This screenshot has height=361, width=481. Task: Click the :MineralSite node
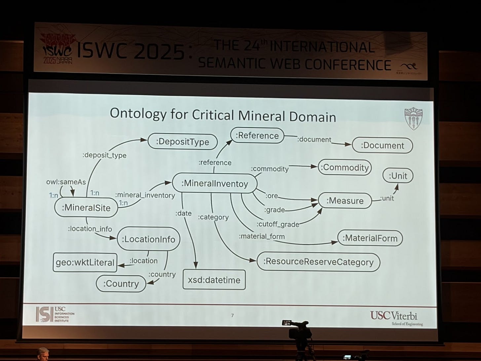(86, 208)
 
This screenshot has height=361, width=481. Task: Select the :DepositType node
(182, 142)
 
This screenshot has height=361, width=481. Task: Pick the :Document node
(382, 145)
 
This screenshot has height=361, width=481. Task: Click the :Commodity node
(345, 167)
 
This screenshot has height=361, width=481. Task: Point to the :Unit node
(398, 176)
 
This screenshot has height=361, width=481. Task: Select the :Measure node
(345, 201)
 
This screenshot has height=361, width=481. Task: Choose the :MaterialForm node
(370, 238)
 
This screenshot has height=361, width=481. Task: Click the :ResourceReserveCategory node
(318, 262)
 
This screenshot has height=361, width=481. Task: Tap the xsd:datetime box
(214, 280)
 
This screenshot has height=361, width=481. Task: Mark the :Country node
(121, 284)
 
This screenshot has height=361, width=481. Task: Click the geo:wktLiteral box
(85, 262)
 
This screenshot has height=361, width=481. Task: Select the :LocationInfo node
(148, 239)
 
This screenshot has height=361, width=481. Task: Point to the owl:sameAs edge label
(66, 182)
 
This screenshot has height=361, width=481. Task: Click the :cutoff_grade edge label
(278, 224)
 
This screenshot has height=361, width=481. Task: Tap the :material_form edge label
(262, 236)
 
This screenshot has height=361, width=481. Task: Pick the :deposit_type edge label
(104, 155)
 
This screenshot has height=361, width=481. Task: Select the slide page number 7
(232, 316)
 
